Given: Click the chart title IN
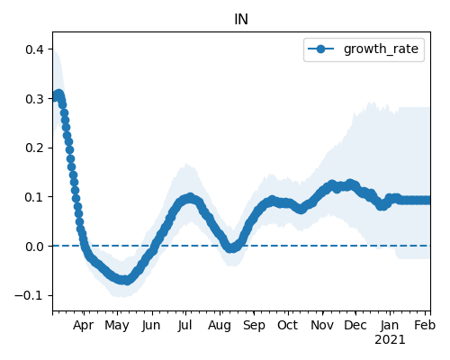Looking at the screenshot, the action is coord(241,20).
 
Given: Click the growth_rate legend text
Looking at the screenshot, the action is coord(381,49).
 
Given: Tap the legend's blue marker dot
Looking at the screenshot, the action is coord(320,49).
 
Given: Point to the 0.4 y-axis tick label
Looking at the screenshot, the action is coord(35,49).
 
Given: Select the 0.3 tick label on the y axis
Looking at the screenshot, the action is coord(35,99).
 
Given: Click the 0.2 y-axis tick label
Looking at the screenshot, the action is coord(35,148).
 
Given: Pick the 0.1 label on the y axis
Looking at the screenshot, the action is coord(35,197).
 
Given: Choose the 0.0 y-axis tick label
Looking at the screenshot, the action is coord(35,247).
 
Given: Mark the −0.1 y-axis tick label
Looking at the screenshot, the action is coord(30,296).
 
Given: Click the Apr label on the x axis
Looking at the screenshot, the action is coord(83,326).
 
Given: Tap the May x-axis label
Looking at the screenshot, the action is coord(117,326).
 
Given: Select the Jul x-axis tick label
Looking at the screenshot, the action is coord(184,325).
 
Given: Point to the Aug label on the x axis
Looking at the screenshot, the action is coord(220,326).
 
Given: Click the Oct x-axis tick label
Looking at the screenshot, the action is coord(287,325).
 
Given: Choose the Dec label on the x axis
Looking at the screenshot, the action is coord(355,325).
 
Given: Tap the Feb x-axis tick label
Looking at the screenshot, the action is coord(425,325).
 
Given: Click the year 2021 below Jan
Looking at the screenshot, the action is coord(390,340).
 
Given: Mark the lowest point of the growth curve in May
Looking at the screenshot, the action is coord(127,281).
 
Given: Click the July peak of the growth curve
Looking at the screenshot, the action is coord(190,198).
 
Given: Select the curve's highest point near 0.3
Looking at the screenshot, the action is coord(59,94).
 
